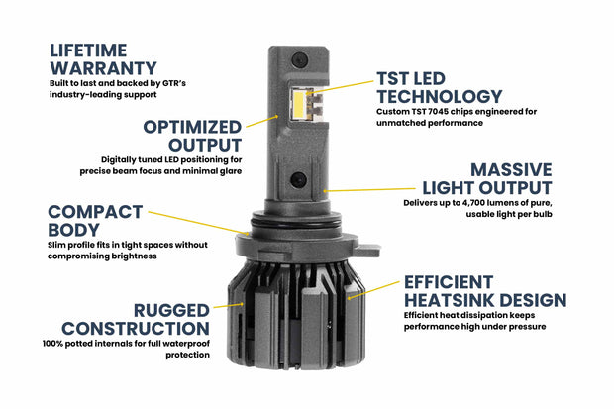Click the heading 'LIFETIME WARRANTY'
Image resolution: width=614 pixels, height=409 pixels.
coord(103,57)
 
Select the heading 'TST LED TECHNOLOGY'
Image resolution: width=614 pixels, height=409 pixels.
coord(439,87)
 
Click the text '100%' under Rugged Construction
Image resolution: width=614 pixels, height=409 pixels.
coord(56,343)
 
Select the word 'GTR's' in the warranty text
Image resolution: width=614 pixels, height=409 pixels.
coord(169,81)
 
